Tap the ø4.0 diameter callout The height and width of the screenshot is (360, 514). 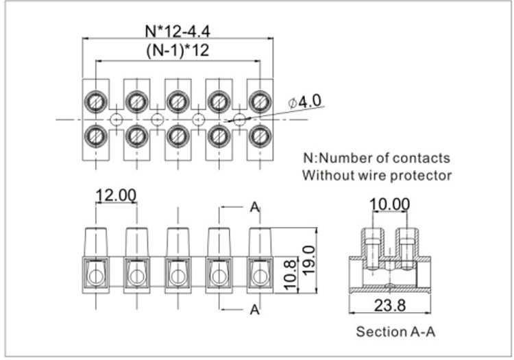305,101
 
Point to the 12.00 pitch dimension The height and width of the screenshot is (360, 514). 115,195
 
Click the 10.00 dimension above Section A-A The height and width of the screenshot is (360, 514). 389,204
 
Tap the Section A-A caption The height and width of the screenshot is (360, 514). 395,332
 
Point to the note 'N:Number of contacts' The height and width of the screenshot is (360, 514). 376,158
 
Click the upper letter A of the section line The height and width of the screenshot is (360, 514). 254,208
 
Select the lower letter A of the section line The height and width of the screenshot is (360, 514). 254,310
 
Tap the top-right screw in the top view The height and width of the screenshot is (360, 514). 260,102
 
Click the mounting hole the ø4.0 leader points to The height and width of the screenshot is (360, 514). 239,119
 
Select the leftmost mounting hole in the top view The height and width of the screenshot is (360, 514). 116,119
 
